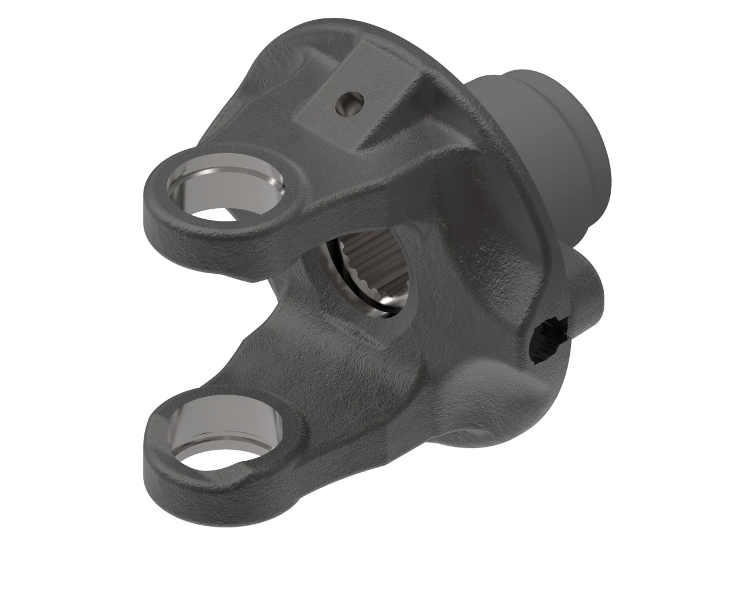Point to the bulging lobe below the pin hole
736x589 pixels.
[x=517, y=397]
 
